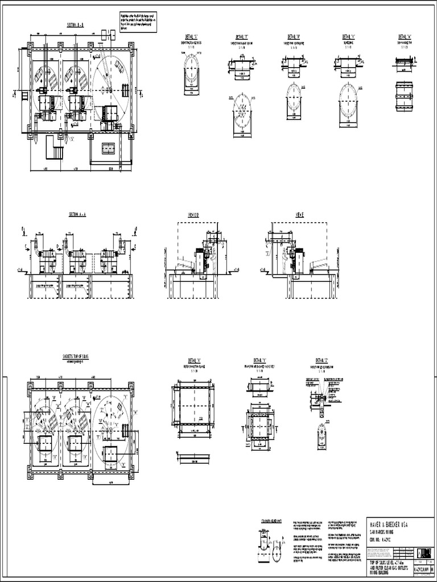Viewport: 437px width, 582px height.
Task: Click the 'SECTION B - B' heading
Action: (x=76, y=26)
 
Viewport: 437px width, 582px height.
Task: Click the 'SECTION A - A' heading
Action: (x=77, y=214)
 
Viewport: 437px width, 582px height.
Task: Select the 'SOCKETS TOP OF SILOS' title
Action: (x=79, y=356)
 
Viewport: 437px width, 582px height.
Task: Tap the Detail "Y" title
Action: (x=259, y=360)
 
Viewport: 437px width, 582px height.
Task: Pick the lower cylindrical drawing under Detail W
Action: (x=404, y=97)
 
